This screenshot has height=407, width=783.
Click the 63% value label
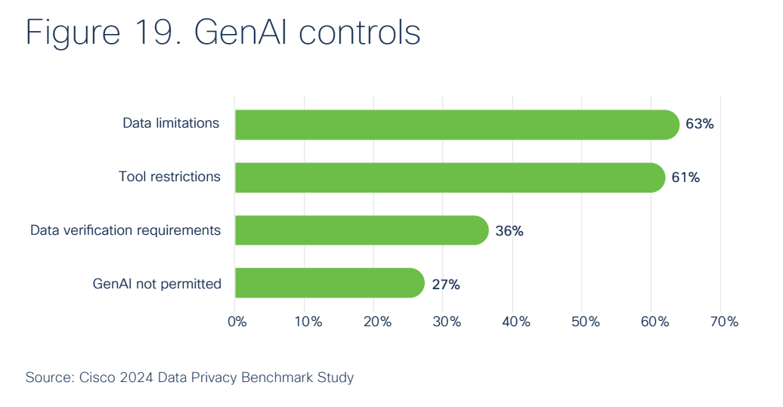699,125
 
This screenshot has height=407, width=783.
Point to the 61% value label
686,178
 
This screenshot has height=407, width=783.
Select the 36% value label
509,231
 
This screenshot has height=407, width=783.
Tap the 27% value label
445,285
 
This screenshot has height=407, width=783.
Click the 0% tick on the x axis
237,322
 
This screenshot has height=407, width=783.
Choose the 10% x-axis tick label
307,322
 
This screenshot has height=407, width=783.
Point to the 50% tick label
585,322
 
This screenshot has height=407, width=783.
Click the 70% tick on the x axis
723,322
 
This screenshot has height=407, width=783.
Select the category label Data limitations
171,123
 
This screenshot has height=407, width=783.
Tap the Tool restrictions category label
169,177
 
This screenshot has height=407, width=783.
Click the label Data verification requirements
125,230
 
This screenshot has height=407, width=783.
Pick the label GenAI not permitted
156,284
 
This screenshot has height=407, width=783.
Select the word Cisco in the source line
96,377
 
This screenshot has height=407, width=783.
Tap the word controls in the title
358,33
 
